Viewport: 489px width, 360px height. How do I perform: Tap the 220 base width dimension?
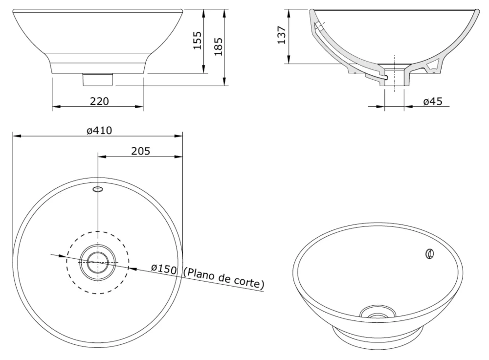click(x=99, y=101)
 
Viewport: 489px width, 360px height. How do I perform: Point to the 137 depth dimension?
click(x=282, y=36)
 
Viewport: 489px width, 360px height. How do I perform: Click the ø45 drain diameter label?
click(x=432, y=101)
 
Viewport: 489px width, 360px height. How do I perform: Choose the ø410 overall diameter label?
click(x=99, y=131)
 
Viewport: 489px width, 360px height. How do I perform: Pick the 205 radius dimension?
click(x=140, y=151)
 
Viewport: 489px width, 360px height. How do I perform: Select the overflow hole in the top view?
click(x=98, y=189)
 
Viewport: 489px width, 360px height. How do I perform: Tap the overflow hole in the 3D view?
click(x=429, y=254)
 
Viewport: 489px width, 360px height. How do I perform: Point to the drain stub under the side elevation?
click(x=98, y=80)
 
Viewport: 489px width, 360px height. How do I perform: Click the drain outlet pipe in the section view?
click(x=395, y=81)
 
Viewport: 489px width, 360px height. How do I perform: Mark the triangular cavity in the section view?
click(x=433, y=66)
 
